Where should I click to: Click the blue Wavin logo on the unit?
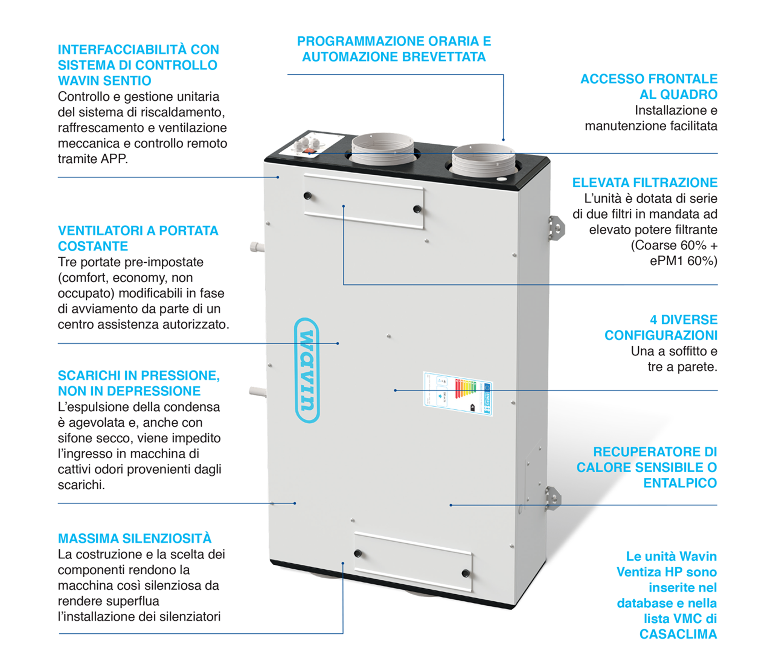(x=307, y=370)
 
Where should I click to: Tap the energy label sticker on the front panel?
(x=458, y=393)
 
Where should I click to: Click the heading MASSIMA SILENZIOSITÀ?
(x=135, y=538)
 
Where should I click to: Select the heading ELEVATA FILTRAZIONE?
(x=644, y=182)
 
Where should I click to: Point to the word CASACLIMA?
(x=678, y=634)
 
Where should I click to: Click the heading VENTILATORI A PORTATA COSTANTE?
(x=138, y=238)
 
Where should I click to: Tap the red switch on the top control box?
(x=309, y=152)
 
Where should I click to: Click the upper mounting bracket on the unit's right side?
(x=556, y=228)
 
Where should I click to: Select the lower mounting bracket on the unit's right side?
(x=553, y=498)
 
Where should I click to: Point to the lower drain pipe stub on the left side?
(x=258, y=392)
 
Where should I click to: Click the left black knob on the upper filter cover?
(x=307, y=196)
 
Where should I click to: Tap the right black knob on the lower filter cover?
(x=465, y=574)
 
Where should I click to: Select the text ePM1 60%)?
(x=683, y=261)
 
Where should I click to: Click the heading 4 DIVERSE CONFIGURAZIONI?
(x=661, y=327)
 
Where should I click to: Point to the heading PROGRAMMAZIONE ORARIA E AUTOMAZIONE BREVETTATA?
(x=394, y=49)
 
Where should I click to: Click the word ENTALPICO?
(x=680, y=483)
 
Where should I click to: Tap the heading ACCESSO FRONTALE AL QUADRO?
(x=649, y=86)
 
